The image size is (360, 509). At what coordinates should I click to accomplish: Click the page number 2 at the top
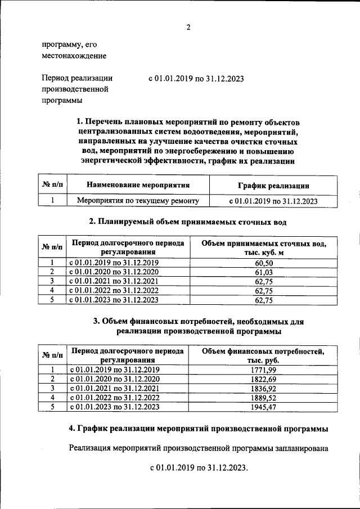pyautogui.click(x=188, y=28)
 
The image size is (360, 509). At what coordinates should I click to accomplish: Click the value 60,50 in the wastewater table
pyautogui.click(x=264, y=263)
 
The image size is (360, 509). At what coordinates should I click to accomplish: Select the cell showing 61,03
pyautogui.click(x=264, y=272)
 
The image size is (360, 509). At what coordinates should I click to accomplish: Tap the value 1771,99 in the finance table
pyautogui.click(x=264, y=370)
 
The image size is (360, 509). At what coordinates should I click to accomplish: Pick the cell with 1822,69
pyautogui.click(x=264, y=379)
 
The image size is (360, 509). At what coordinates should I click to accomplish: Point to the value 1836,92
pyautogui.click(x=264, y=388)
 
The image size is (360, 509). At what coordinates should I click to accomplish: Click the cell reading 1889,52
pyautogui.click(x=264, y=398)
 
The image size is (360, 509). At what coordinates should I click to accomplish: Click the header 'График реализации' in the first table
pyautogui.click(x=273, y=185)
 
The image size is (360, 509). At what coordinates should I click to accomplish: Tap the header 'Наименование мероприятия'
pyautogui.click(x=138, y=184)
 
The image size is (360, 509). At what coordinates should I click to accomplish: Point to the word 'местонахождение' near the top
pyautogui.click(x=74, y=56)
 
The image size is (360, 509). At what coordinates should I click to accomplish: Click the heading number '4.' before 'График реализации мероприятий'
pyautogui.click(x=73, y=429)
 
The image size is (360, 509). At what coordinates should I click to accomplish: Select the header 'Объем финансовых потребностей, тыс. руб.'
pyautogui.click(x=263, y=355)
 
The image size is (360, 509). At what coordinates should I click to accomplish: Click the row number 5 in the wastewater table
pyautogui.click(x=51, y=300)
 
